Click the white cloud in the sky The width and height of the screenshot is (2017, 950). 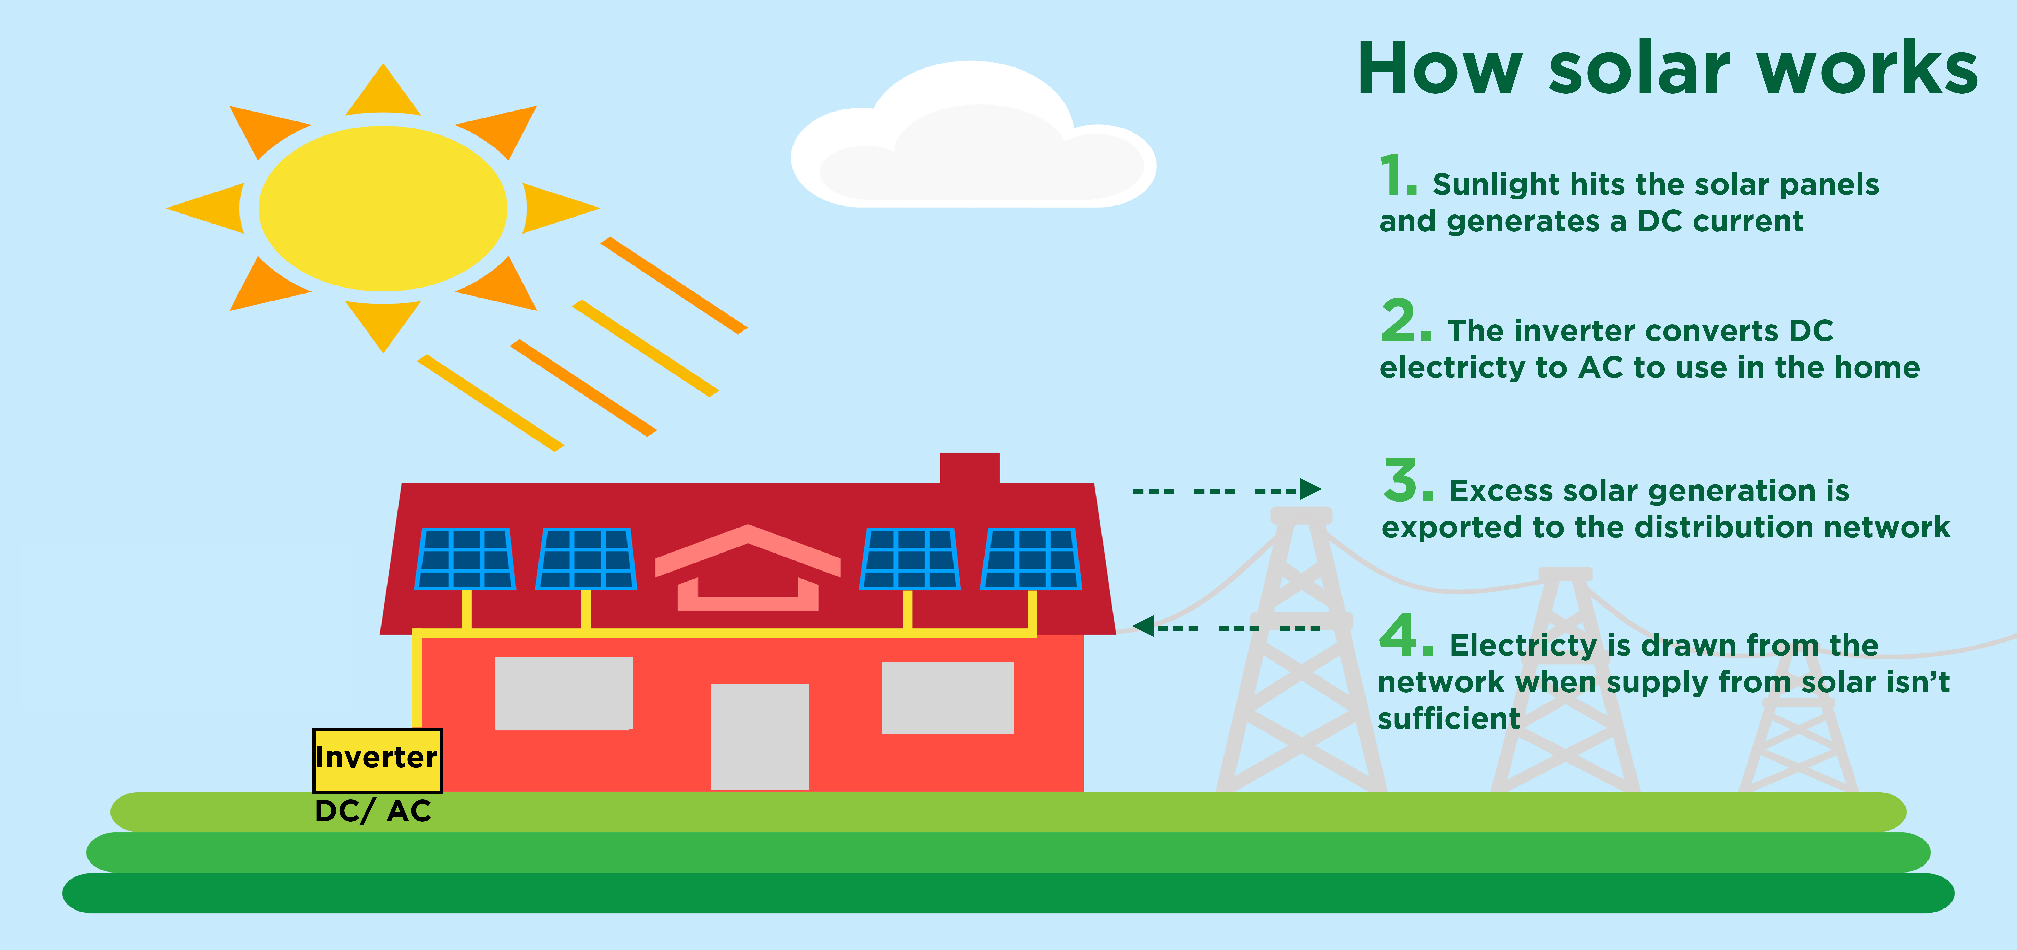click(x=973, y=135)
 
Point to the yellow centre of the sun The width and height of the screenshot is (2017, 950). click(x=383, y=208)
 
